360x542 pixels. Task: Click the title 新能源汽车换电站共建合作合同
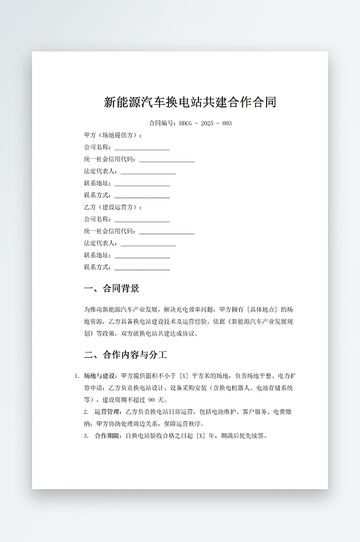tap(190, 102)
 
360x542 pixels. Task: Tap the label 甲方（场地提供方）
tap(113, 135)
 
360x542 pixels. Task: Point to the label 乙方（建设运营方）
tap(113, 207)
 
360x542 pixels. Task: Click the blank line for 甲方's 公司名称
tap(142, 148)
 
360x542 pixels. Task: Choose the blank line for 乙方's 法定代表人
tap(148, 244)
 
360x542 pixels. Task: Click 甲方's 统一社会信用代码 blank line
tap(166, 160)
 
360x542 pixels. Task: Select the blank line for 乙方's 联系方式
tap(142, 268)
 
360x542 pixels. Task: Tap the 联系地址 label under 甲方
tap(98, 183)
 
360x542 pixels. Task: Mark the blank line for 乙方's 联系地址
tap(142, 256)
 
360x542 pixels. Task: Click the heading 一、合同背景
tap(112, 288)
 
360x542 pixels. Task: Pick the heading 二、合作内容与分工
tap(125, 354)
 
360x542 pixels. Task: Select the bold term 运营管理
tap(108, 412)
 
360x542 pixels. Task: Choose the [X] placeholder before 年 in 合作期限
tap(199, 436)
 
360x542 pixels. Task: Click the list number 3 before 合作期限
tap(86, 436)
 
